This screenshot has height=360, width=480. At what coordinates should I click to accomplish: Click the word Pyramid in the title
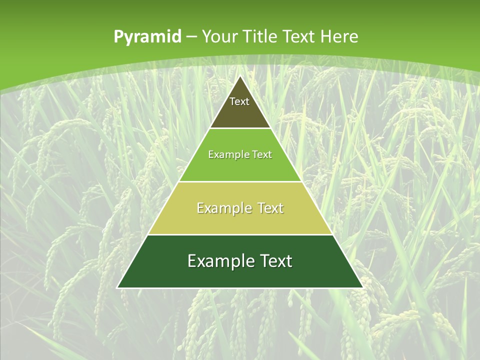(147, 37)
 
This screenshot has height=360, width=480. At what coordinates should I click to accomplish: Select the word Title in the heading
(260, 36)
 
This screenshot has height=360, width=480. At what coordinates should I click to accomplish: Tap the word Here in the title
(339, 36)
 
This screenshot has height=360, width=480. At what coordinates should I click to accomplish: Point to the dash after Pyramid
(191, 37)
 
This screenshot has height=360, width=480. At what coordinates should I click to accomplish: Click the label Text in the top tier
(239, 101)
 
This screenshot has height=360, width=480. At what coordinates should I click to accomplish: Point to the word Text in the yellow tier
(270, 208)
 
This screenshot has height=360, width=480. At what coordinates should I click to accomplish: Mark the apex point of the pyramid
(240, 76)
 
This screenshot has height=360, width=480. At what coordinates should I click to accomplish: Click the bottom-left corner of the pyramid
(117, 287)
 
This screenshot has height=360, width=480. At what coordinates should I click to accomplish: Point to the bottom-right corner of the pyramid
(362, 287)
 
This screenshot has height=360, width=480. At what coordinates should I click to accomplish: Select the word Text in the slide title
(299, 36)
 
